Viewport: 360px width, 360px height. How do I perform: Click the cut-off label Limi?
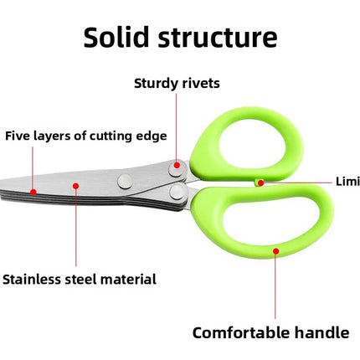click(347, 181)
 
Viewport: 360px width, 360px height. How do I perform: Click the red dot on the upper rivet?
click(176, 168)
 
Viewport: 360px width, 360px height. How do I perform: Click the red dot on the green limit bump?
click(261, 182)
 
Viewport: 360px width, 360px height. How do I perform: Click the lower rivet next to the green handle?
click(177, 193)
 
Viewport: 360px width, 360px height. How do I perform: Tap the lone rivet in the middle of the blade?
click(125, 179)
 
